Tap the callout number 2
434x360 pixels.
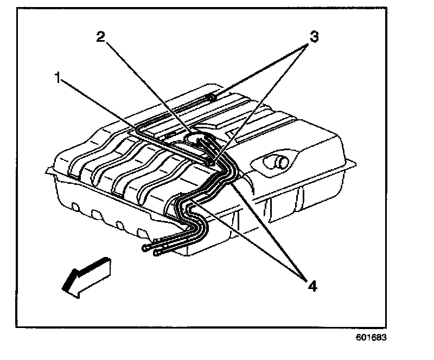[x=100, y=37]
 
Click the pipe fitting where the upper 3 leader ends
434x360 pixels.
[x=213, y=98]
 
